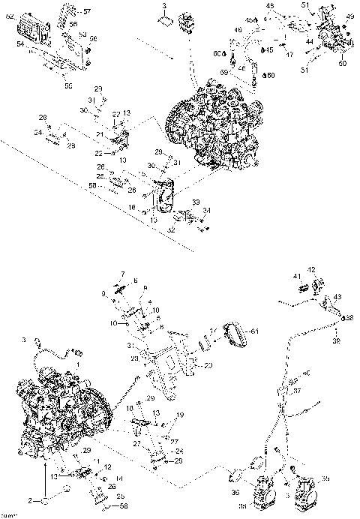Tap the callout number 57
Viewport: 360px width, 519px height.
tap(85, 13)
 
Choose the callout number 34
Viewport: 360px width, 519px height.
tap(206, 210)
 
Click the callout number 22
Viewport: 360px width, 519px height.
tap(98, 153)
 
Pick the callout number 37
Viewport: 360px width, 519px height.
tap(296, 391)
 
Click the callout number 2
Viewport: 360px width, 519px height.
tap(31, 499)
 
